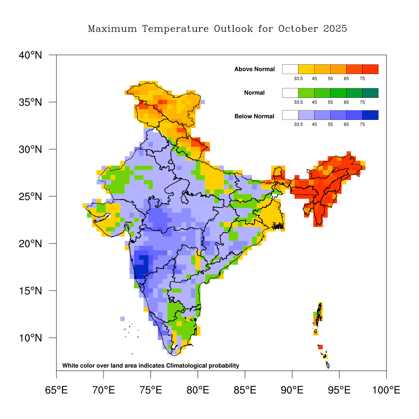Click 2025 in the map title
(335, 29)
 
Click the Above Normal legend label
(255, 69)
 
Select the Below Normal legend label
(254, 116)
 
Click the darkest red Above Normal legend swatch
(370, 69)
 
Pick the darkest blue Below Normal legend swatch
(370, 115)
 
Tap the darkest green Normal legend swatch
(370, 92)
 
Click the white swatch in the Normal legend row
(290, 92)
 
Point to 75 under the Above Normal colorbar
(362, 79)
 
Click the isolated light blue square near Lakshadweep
(122, 319)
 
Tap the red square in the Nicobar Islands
(320, 347)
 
